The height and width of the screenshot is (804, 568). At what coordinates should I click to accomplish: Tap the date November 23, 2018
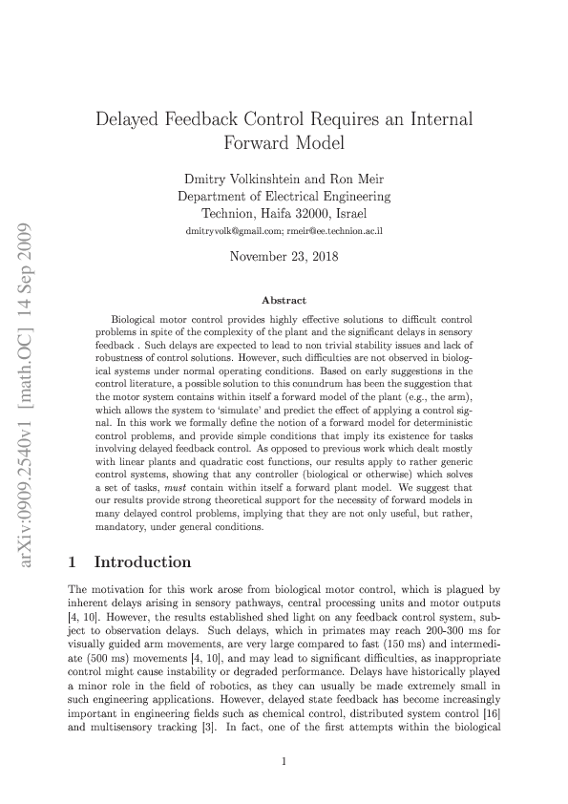click(284, 256)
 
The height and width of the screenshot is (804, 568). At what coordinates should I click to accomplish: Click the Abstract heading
click(284, 300)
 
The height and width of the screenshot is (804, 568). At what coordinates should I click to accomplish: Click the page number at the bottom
click(284, 761)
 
